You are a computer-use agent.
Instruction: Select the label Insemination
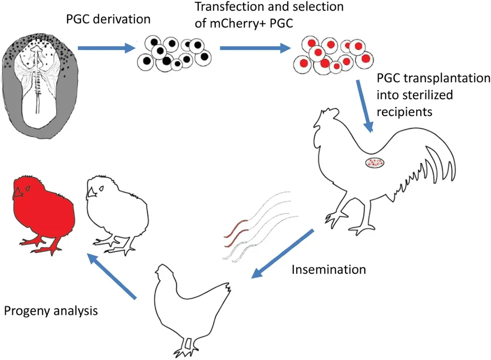[x=328, y=270]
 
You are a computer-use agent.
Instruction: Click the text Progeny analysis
[x=51, y=311]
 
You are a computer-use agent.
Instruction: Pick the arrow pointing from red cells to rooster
[x=364, y=105]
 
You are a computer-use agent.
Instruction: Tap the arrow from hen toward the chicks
[x=113, y=277]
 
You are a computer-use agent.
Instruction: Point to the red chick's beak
[x=18, y=192]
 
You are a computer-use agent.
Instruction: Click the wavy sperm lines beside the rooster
[x=259, y=225]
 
